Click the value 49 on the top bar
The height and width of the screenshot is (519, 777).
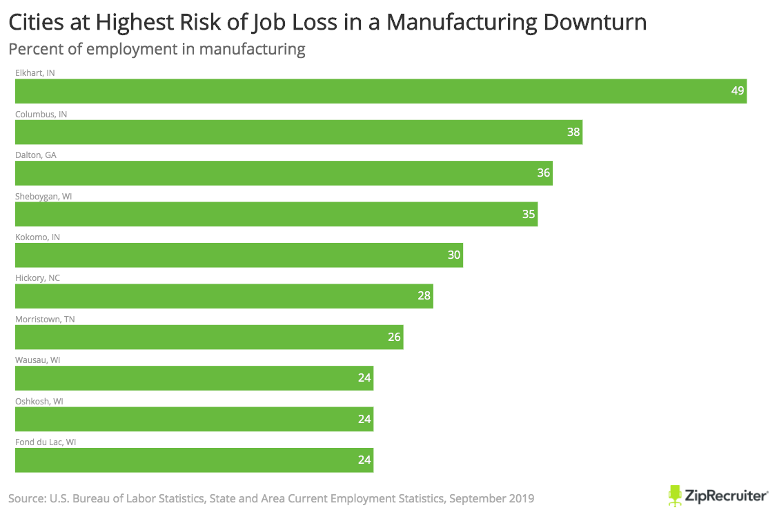pyautogui.click(x=738, y=91)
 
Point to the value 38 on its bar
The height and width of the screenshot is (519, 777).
pyautogui.click(x=573, y=132)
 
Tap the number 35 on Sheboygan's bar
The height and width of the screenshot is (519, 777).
pyautogui.click(x=529, y=214)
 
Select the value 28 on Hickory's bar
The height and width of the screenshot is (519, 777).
pyautogui.click(x=424, y=296)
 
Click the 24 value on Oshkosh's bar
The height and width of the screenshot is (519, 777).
pyautogui.click(x=364, y=419)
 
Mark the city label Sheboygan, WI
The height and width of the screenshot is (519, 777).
pyautogui.click(x=43, y=196)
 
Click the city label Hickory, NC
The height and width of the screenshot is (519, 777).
pyautogui.click(x=39, y=278)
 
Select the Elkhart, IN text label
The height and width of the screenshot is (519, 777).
pyautogui.click(x=35, y=72)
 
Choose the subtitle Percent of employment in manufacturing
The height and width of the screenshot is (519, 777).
pyautogui.click(x=157, y=49)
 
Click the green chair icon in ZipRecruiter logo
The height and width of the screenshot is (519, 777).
pyautogui.click(x=675, y=495)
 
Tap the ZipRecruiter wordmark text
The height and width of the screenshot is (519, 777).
pyautogui.click(x=727, y=496)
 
